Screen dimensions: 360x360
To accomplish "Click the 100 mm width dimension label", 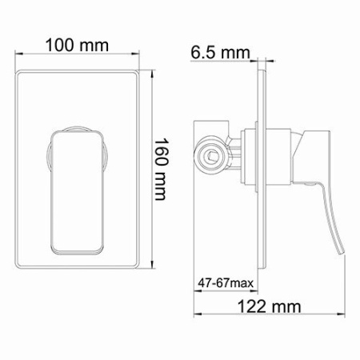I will [78, 45].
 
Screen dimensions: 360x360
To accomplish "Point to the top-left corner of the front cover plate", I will [16, 72].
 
